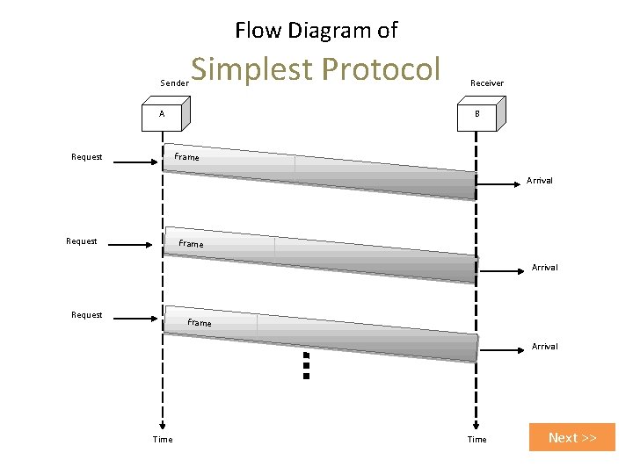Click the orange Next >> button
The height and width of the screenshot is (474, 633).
tap(572, 437)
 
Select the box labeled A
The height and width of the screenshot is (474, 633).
tap(165, 114)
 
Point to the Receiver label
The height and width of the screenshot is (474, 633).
tap(487, 83)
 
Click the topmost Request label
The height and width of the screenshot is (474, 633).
tap(86, 157)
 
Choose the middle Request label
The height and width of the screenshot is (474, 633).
tap(82, 241)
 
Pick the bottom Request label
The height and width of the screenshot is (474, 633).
tap(86, 314)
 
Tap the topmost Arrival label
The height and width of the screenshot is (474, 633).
tap(540, 181)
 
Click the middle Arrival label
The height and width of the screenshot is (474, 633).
tap(544, 267)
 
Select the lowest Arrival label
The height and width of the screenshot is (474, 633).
tap(544, 346)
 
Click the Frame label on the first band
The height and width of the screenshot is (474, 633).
tap(186, 158)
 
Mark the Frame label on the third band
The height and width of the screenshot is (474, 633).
tap(200, 323)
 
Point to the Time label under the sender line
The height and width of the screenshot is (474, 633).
tap(163, 439)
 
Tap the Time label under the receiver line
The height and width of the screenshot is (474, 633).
tap(477, 439)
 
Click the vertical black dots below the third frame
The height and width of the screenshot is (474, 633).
tap(306, 364)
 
